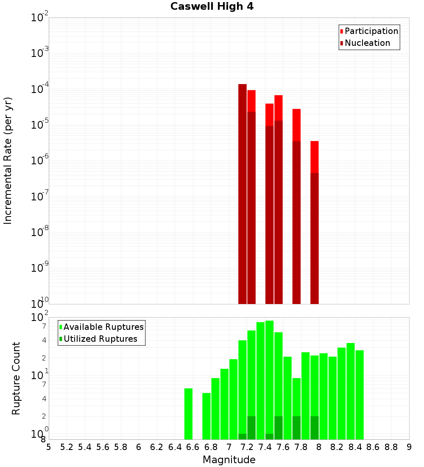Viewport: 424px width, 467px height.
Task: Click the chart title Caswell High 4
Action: pos(212,7)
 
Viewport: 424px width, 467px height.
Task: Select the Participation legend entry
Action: pos(371,31)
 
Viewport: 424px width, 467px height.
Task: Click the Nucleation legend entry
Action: pos(367,43)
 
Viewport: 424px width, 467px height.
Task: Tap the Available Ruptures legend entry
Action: pos(103,327)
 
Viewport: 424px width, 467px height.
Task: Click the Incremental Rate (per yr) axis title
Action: pos(8,160)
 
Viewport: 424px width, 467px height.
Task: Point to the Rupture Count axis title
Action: pos(16,378)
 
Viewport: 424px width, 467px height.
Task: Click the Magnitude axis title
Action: pos(229,460)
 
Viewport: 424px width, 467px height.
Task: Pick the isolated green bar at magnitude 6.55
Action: pos(188,414)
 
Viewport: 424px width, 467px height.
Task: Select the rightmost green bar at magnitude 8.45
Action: pos(360,395)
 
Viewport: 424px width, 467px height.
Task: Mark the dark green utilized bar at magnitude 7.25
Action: pos(251,428)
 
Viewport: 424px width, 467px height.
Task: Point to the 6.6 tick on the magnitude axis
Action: pos(193,447)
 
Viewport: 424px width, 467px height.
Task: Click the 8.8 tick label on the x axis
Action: pos(391,447)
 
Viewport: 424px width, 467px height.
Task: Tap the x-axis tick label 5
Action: pos(49,447)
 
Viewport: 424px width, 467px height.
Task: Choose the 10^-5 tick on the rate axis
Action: pos(40,125)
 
